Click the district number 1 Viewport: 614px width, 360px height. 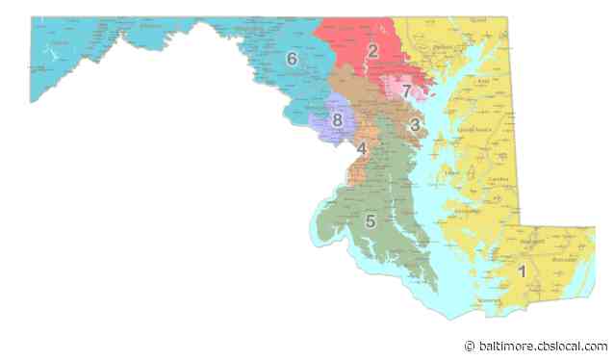522,270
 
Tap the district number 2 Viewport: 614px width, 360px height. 372,51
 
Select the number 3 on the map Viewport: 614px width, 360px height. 414,124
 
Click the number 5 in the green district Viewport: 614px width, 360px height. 370,221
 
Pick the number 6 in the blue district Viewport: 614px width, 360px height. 292,59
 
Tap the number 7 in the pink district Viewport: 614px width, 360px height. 407,91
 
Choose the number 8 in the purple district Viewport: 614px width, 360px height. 337,120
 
